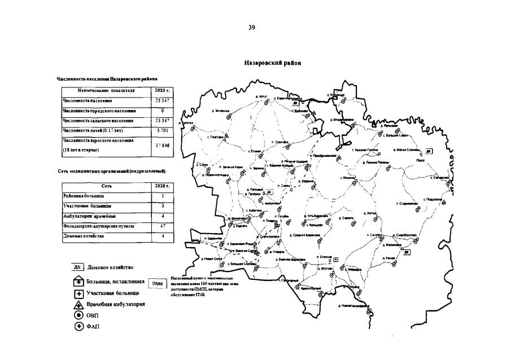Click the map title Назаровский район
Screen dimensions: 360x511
pos(272,63)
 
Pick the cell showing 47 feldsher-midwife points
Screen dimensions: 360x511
pos(163,226)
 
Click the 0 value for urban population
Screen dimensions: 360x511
pos(162,111)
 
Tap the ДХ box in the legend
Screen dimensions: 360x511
pos(78,267)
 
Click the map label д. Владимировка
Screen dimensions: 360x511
pos(342,120)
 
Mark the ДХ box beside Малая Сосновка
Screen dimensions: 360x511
pos(429,151)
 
